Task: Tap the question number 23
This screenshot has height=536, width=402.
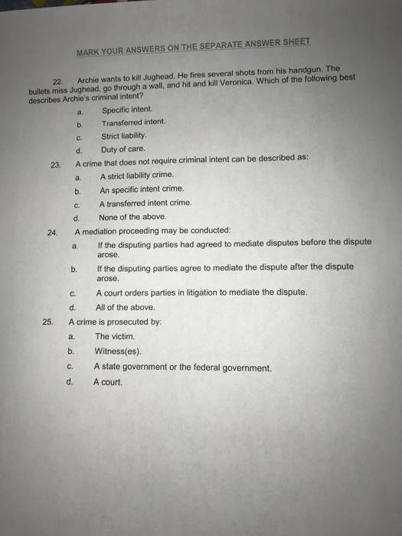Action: pyautogui.click(x=55, y=164)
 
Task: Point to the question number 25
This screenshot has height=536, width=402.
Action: pyautogui.click(x=47, y=322)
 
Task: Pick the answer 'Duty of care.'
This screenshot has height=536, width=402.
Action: pyautogui.click(x=123, y=150)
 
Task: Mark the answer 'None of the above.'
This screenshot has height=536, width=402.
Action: pyautogui.click(x=132, y=217)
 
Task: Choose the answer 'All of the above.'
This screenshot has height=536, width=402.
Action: pyautogui.click(x=126, y=307)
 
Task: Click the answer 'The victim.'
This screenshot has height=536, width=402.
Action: pyautogui.click(x=115, y=336)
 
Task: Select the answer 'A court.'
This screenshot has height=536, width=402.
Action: pyautogui.click(x=108, y=381)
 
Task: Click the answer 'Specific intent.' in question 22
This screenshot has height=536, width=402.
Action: pyautogui.click(x=127, y=109)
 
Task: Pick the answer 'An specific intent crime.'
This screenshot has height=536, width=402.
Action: pyautogui.click(x=142, y=190)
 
